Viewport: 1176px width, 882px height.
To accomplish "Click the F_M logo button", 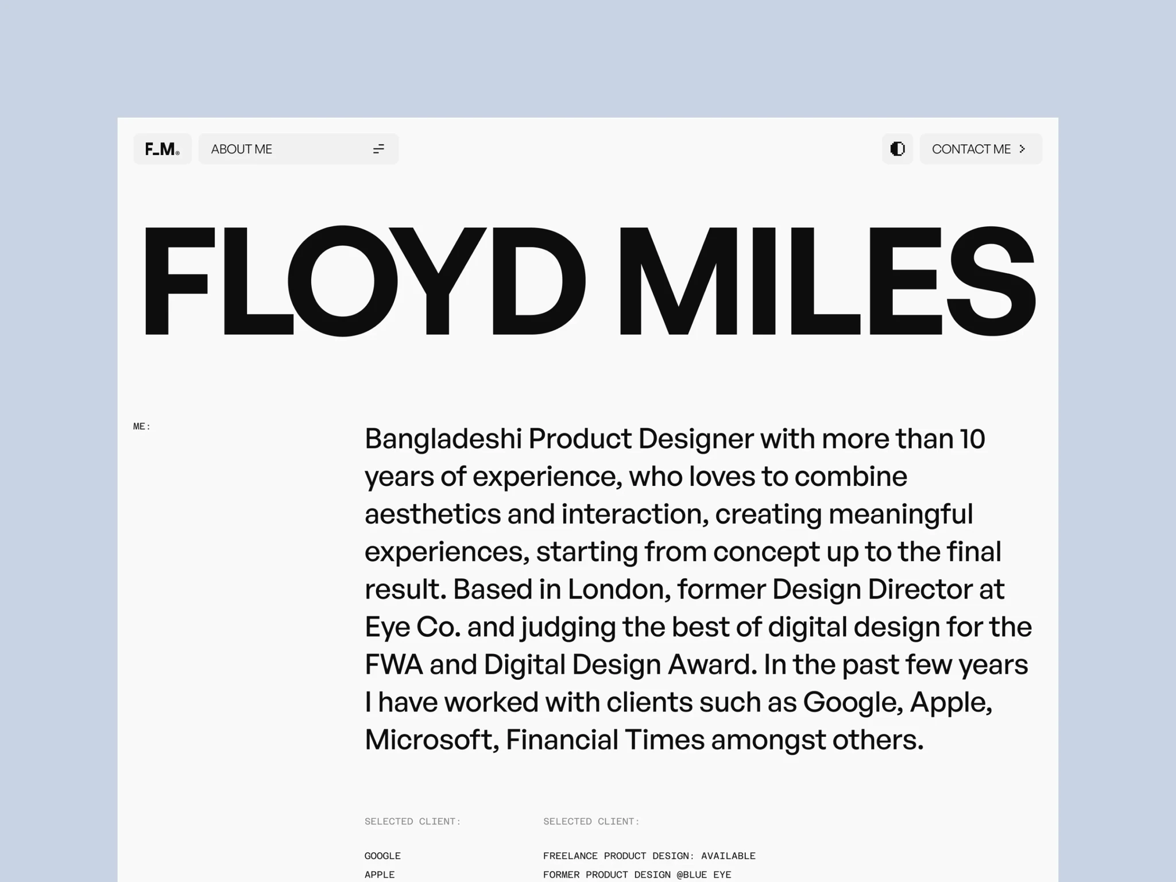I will [x=163, y=149].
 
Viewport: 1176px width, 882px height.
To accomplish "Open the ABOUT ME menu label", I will [x=241, y=149].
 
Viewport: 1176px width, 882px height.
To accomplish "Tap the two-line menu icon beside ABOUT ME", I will [x=378, y=149].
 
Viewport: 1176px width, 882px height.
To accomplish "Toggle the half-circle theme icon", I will [x=897, y=149].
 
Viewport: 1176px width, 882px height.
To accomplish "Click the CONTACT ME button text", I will [x=971, y=149].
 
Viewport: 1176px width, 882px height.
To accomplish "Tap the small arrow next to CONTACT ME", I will [x=1022, y=149].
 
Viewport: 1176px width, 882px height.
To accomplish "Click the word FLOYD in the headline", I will [x=363, y=281].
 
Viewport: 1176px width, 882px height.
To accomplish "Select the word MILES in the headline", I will [x=827, y=281].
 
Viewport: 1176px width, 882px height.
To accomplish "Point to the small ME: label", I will [x=142, y=426].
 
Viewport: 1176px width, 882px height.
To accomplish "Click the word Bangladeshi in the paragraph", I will [x=443, y=439].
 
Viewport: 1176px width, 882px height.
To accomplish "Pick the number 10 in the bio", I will [x=972, y=439].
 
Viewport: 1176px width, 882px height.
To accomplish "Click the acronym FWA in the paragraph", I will [x=394, y=665].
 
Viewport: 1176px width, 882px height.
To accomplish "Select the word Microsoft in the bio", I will [x=431, y=740].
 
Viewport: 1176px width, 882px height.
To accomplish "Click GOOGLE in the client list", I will [x=382, y=856].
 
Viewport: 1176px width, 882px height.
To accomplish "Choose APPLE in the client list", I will [x=380, y=875].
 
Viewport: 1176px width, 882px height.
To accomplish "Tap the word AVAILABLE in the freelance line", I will [x=728, y=856].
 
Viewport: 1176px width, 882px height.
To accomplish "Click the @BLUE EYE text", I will [x=703, y=875].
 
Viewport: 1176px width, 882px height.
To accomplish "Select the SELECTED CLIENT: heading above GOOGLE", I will [x=412, y=821].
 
